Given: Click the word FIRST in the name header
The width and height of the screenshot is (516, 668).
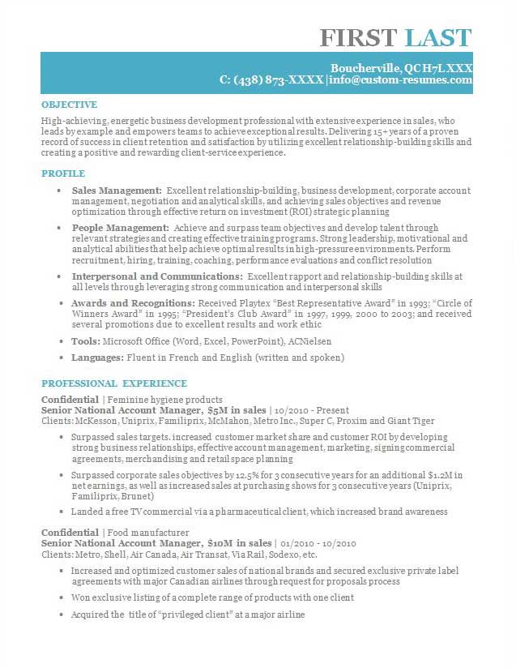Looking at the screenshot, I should coord(358,37).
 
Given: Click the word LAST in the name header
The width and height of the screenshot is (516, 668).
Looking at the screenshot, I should coord(438,37).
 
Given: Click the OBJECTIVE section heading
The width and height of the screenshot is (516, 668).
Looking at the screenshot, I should coord(69,105).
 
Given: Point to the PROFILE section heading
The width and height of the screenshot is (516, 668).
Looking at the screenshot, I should coord(63,173).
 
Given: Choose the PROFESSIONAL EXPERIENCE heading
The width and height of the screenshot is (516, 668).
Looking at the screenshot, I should coord(114,383).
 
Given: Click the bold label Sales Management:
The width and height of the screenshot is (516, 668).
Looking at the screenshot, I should coord(117,190).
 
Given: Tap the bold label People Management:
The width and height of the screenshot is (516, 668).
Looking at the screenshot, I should coord(120,228).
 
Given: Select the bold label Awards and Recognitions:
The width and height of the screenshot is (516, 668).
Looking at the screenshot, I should coord(135,303).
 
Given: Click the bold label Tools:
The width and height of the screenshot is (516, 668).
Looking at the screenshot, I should coord(86,341).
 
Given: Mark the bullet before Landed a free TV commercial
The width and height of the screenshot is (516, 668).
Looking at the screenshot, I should coord(62,512).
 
